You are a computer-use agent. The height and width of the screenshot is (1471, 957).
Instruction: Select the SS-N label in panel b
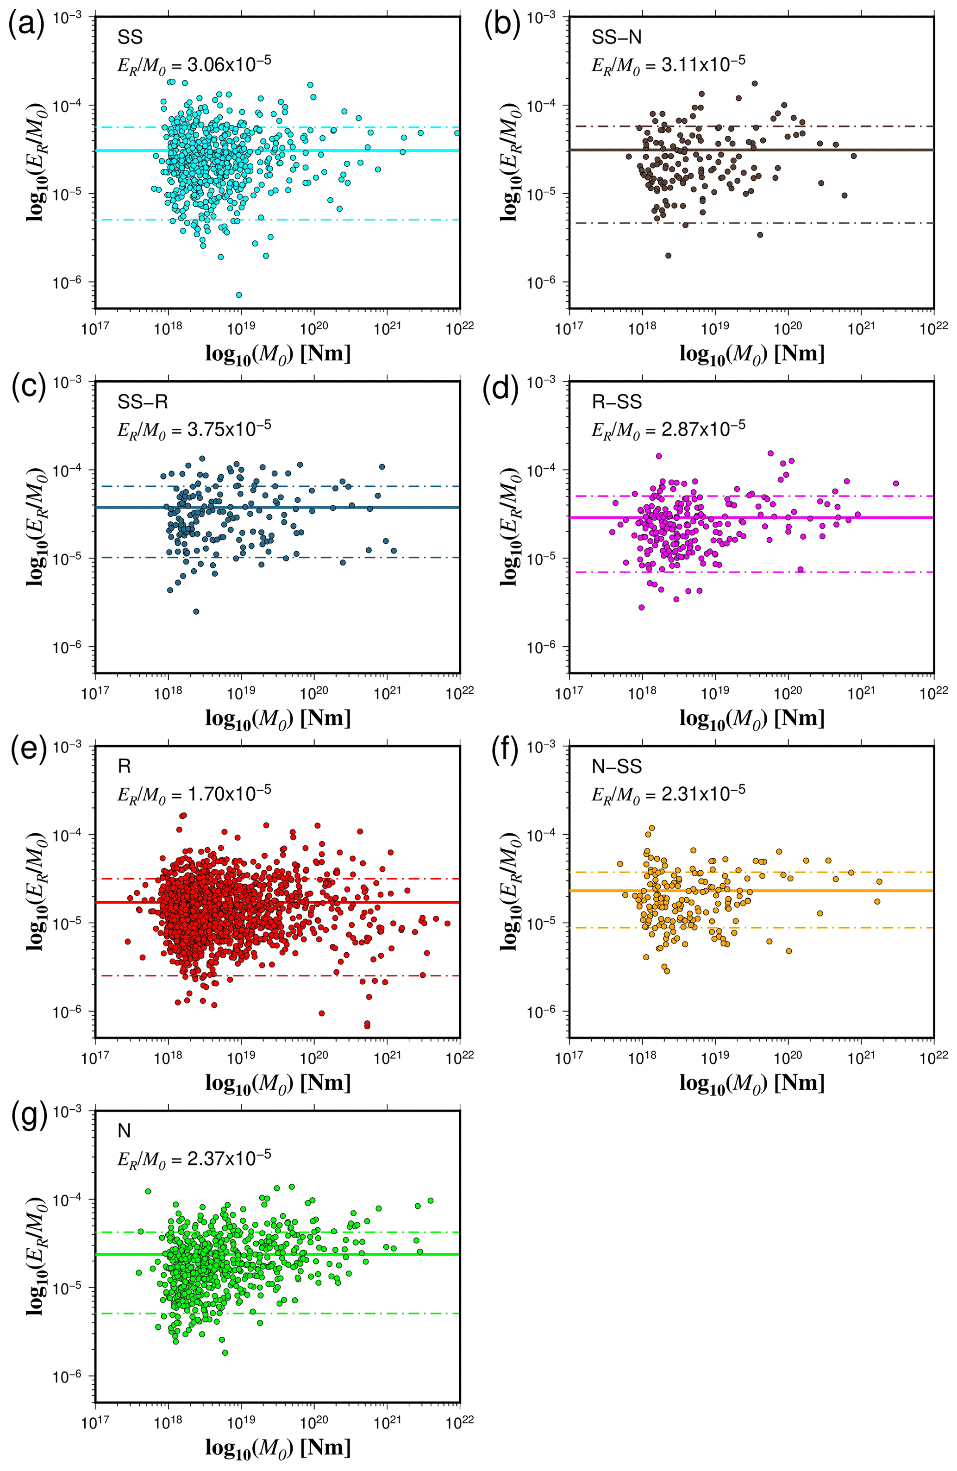(x=616, y=38)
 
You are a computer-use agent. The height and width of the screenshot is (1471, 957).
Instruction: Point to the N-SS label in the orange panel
(x=616, y=767)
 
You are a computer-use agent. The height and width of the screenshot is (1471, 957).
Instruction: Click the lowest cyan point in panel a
(x=239, y=295)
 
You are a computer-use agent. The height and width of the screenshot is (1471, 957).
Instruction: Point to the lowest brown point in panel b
(x=668, y=255)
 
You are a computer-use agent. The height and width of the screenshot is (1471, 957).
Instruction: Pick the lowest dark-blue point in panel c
(x=196, y=611)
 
